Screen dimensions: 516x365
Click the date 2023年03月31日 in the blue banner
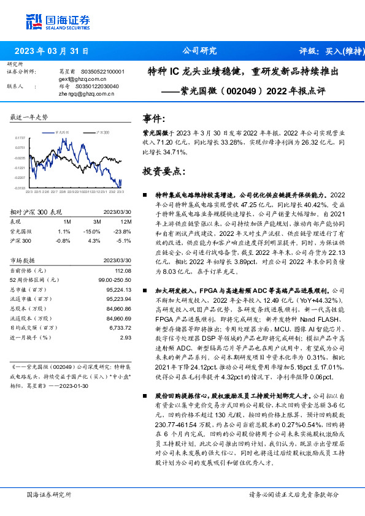[x=52, y=51]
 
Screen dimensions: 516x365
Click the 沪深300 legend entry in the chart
[x=103, y=132]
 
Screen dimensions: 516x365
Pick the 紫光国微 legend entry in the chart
[x=60, y=132]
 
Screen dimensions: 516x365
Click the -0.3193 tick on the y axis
[x=20, y=188]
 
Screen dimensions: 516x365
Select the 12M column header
[x=126, y=221]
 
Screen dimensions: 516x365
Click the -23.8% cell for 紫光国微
[x=123, y=231]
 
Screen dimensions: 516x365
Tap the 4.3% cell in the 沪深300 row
[x=94, y=240]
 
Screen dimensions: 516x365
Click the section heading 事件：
[x=154, y=118]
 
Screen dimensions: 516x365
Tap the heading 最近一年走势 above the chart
[x=29, y=117]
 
